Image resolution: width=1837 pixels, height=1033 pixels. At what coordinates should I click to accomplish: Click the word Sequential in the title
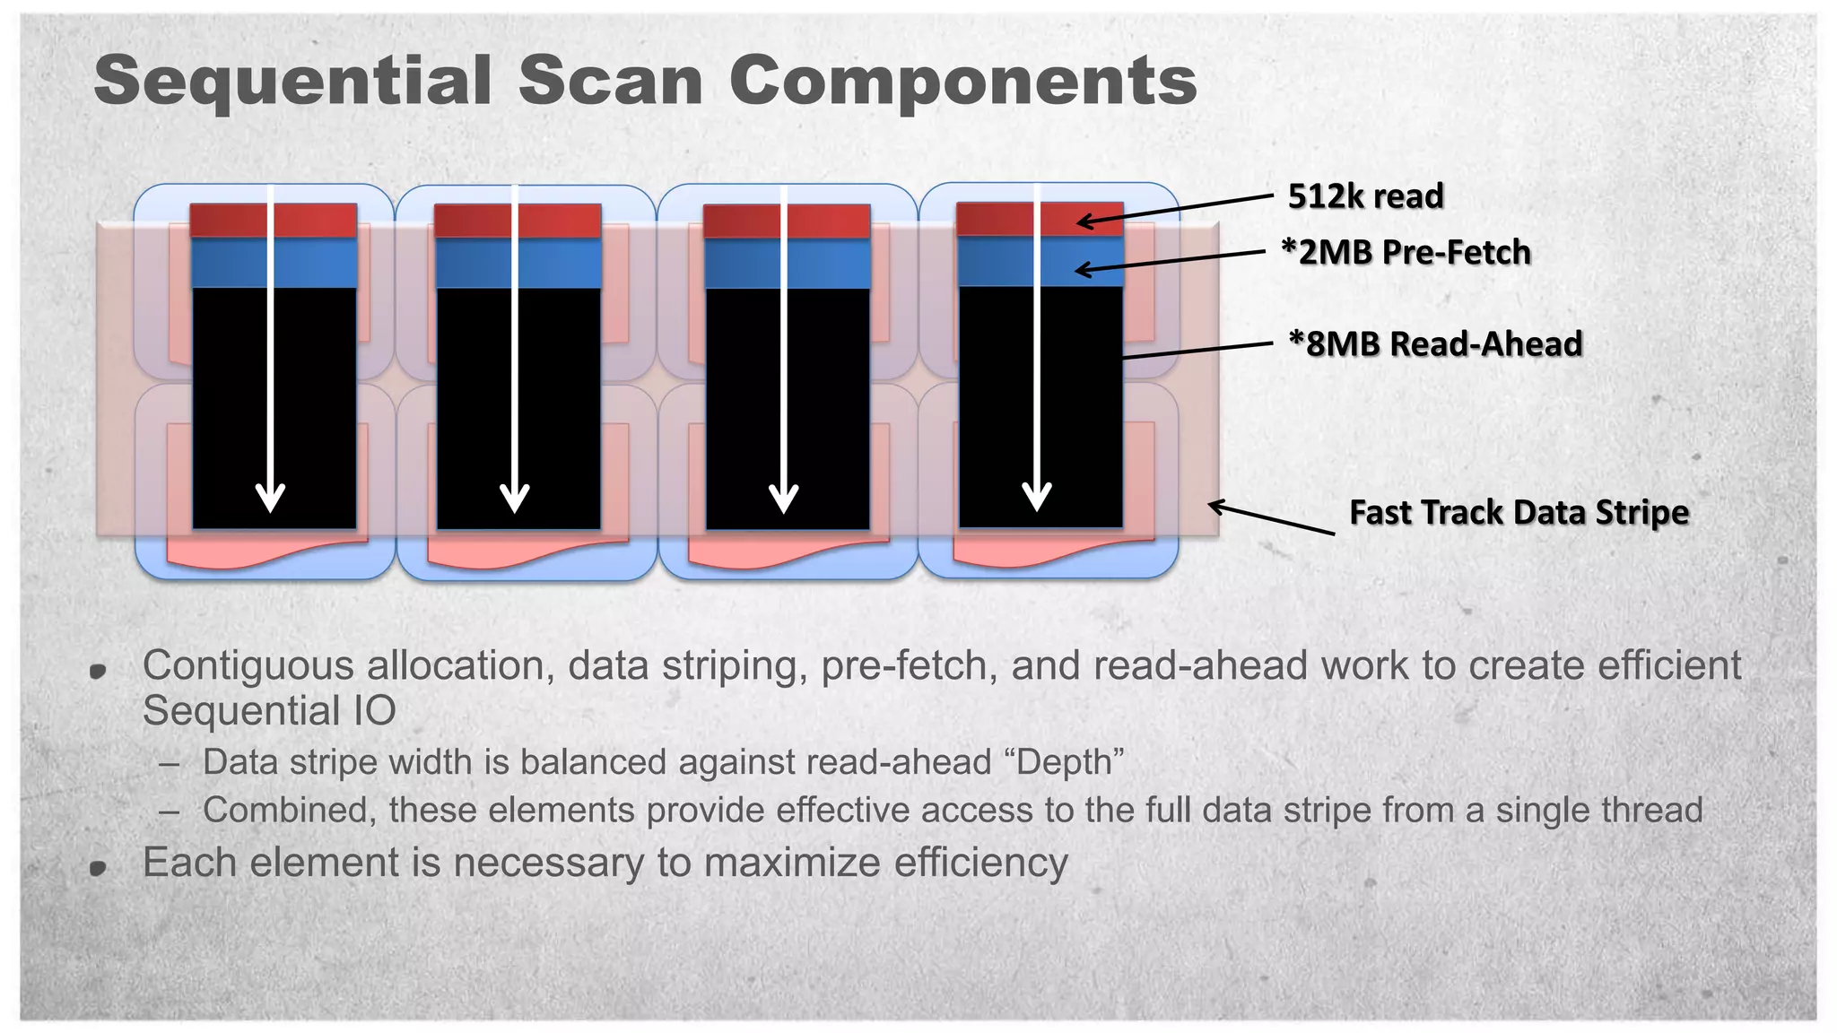click(292, 81)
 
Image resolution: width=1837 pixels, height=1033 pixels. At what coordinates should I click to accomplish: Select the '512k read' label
click(1365, 196)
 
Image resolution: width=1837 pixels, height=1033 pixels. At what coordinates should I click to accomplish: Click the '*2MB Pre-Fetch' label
click(1406, 253)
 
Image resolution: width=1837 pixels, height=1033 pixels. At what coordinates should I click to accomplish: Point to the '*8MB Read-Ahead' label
click(1435, 344)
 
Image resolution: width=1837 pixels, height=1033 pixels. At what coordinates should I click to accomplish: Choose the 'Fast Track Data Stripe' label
click(1519, 513)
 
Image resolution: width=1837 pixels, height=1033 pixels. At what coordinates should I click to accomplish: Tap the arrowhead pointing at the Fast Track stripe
click(1216, 507)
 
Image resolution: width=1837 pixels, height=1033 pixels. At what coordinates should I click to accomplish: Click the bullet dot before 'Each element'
click(99, 867)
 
